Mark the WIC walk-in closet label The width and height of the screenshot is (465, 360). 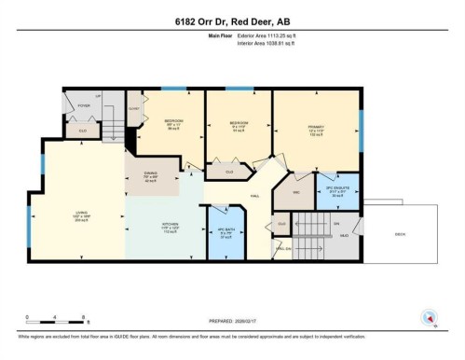296,192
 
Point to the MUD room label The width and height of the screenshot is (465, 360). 343,235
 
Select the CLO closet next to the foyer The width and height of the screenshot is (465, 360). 82,131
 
